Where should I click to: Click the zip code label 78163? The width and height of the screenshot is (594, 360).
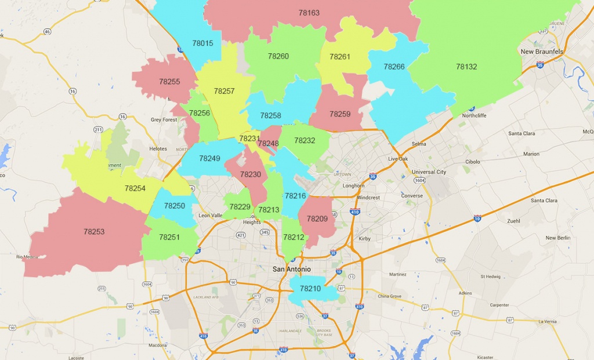[x=309, y=13]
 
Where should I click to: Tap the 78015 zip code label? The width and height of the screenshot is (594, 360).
[x=202, y=43]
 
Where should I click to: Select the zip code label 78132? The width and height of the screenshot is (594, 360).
[x=466, y=67]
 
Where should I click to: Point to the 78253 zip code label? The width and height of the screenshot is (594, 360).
[x=94, y=232]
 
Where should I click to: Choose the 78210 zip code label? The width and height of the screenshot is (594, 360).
[x=310, y=289]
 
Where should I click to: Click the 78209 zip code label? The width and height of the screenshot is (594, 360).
[x=317, y=219]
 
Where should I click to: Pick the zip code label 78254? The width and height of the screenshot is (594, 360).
[x=135, y=188]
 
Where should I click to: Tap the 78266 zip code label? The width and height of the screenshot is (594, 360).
[x=394, y=67]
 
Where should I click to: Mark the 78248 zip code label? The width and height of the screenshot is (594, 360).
[x=269, y=144]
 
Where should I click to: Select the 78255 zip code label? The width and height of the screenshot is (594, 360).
[x=169, y=82]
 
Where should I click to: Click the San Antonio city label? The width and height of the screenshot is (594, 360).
[x=292, y=269]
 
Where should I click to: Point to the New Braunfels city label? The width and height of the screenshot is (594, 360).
[x=542, y=52]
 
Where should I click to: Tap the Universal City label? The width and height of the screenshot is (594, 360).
[x=429, y=172]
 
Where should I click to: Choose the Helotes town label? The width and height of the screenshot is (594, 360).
[x=158, y=149]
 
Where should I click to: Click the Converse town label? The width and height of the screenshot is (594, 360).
[x=412, y=196]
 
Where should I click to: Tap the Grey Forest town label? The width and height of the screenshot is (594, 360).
[x=164, y=120]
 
